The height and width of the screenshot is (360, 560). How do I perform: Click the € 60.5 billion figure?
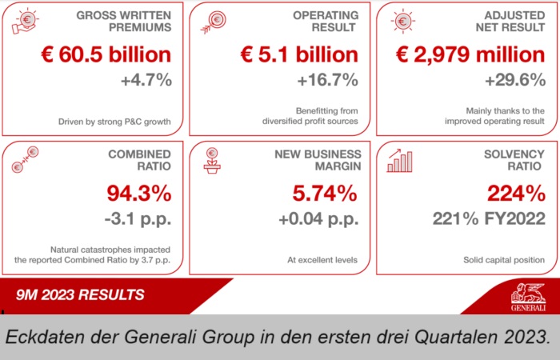tap(106, 55)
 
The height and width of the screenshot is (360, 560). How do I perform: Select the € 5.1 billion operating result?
tap(299, 55)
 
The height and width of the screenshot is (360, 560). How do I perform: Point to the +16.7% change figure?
tap(327, 81)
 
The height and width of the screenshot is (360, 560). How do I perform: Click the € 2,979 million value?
tap(471, 55)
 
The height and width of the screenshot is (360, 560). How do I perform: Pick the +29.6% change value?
tap(515, 81)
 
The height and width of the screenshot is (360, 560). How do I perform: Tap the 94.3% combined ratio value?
tap(138, 194)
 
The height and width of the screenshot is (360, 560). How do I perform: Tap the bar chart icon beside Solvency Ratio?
tap(400, 160)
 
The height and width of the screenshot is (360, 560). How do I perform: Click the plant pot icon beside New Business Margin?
tap(212, 160)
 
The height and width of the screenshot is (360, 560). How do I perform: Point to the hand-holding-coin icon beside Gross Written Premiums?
tap(26, 22)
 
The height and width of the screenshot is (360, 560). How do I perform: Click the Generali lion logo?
tap(529, 297)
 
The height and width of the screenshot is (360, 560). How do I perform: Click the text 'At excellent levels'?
tap(322, 260)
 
